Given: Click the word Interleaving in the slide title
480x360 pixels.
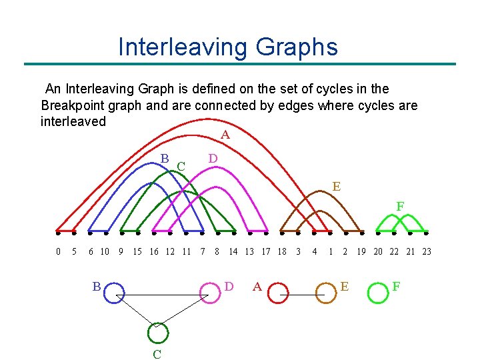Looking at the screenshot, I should pos(181,47).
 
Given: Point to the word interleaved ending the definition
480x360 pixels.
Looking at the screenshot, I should pos(73,121).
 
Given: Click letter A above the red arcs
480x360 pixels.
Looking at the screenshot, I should pos(225,135).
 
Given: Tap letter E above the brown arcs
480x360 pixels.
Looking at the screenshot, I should pos(337,187).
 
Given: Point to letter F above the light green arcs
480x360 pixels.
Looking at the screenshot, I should pos(400,207).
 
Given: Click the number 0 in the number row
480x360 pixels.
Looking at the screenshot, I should pos(58,251).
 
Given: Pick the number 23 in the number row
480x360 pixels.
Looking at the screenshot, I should pos(427,251).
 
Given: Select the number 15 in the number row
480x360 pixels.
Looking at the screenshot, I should pos(137,251).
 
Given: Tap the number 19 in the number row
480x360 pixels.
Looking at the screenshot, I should pos(361,251).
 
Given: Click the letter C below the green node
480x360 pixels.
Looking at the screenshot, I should pos(157,354).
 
